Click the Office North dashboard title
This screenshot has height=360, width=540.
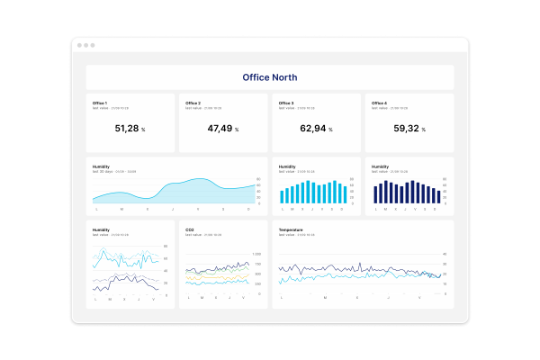270,77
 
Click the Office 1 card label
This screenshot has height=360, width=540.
99,103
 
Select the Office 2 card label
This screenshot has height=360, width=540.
193,103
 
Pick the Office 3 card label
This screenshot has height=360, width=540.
286,103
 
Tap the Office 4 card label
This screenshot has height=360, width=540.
379,103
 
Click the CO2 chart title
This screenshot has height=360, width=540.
190,229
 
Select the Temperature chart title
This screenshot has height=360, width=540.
291,229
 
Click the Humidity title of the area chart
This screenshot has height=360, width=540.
101,166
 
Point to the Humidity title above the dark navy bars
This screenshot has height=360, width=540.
381,166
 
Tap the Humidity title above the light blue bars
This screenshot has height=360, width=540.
287,166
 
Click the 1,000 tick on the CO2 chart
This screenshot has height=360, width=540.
256,254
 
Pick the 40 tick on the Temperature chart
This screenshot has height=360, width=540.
444,254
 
